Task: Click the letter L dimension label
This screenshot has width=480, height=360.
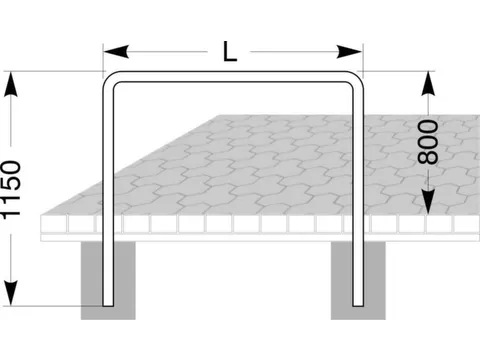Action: click(x=231, y=52)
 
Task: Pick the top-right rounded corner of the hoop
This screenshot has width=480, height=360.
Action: click(x=352, y=83)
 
